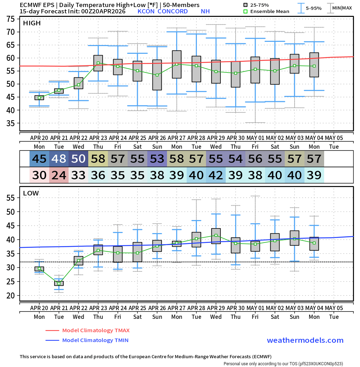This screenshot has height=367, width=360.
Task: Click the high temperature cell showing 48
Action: [59, 159]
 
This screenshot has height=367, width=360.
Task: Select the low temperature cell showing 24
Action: [59, 175]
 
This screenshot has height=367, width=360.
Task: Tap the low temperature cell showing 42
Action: [216, 175]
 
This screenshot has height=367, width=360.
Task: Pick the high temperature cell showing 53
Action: [157, 159]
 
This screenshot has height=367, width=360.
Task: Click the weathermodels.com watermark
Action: [305, 340]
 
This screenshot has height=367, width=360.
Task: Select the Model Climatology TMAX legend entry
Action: [96, 330]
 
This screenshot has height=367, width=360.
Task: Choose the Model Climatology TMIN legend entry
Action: [95, 340]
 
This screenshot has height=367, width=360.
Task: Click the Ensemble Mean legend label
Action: [270, 11]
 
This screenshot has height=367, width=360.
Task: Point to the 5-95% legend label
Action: [314, 8]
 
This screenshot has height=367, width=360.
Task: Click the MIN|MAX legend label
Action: [342, 8]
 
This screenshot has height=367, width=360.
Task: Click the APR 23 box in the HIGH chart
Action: [98, 63]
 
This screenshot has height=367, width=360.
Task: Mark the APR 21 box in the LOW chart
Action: [59, 283]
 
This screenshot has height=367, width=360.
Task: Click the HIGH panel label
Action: [32, 23]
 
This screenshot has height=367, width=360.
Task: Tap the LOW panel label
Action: [31, 193]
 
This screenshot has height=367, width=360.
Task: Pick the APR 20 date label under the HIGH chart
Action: [39, 137]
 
